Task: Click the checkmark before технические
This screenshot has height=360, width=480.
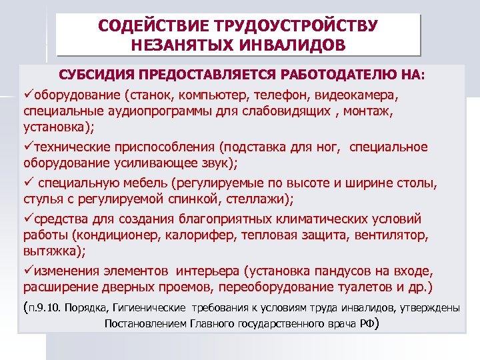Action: pos(27,146)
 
